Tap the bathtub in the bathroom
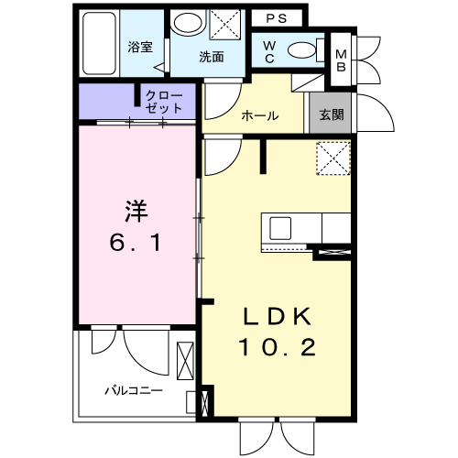click(96, 44)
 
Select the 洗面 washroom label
click(213, 57)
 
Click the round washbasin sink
click(190, 26)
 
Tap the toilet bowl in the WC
click(299, 49)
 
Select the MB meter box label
click(340, 54)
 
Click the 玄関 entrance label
click(331, 115)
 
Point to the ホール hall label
click(260, 116)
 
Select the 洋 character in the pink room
click(136, 210)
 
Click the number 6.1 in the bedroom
click(136, 244)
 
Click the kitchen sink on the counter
click(278, 226)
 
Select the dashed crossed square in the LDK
click(333, 158)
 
